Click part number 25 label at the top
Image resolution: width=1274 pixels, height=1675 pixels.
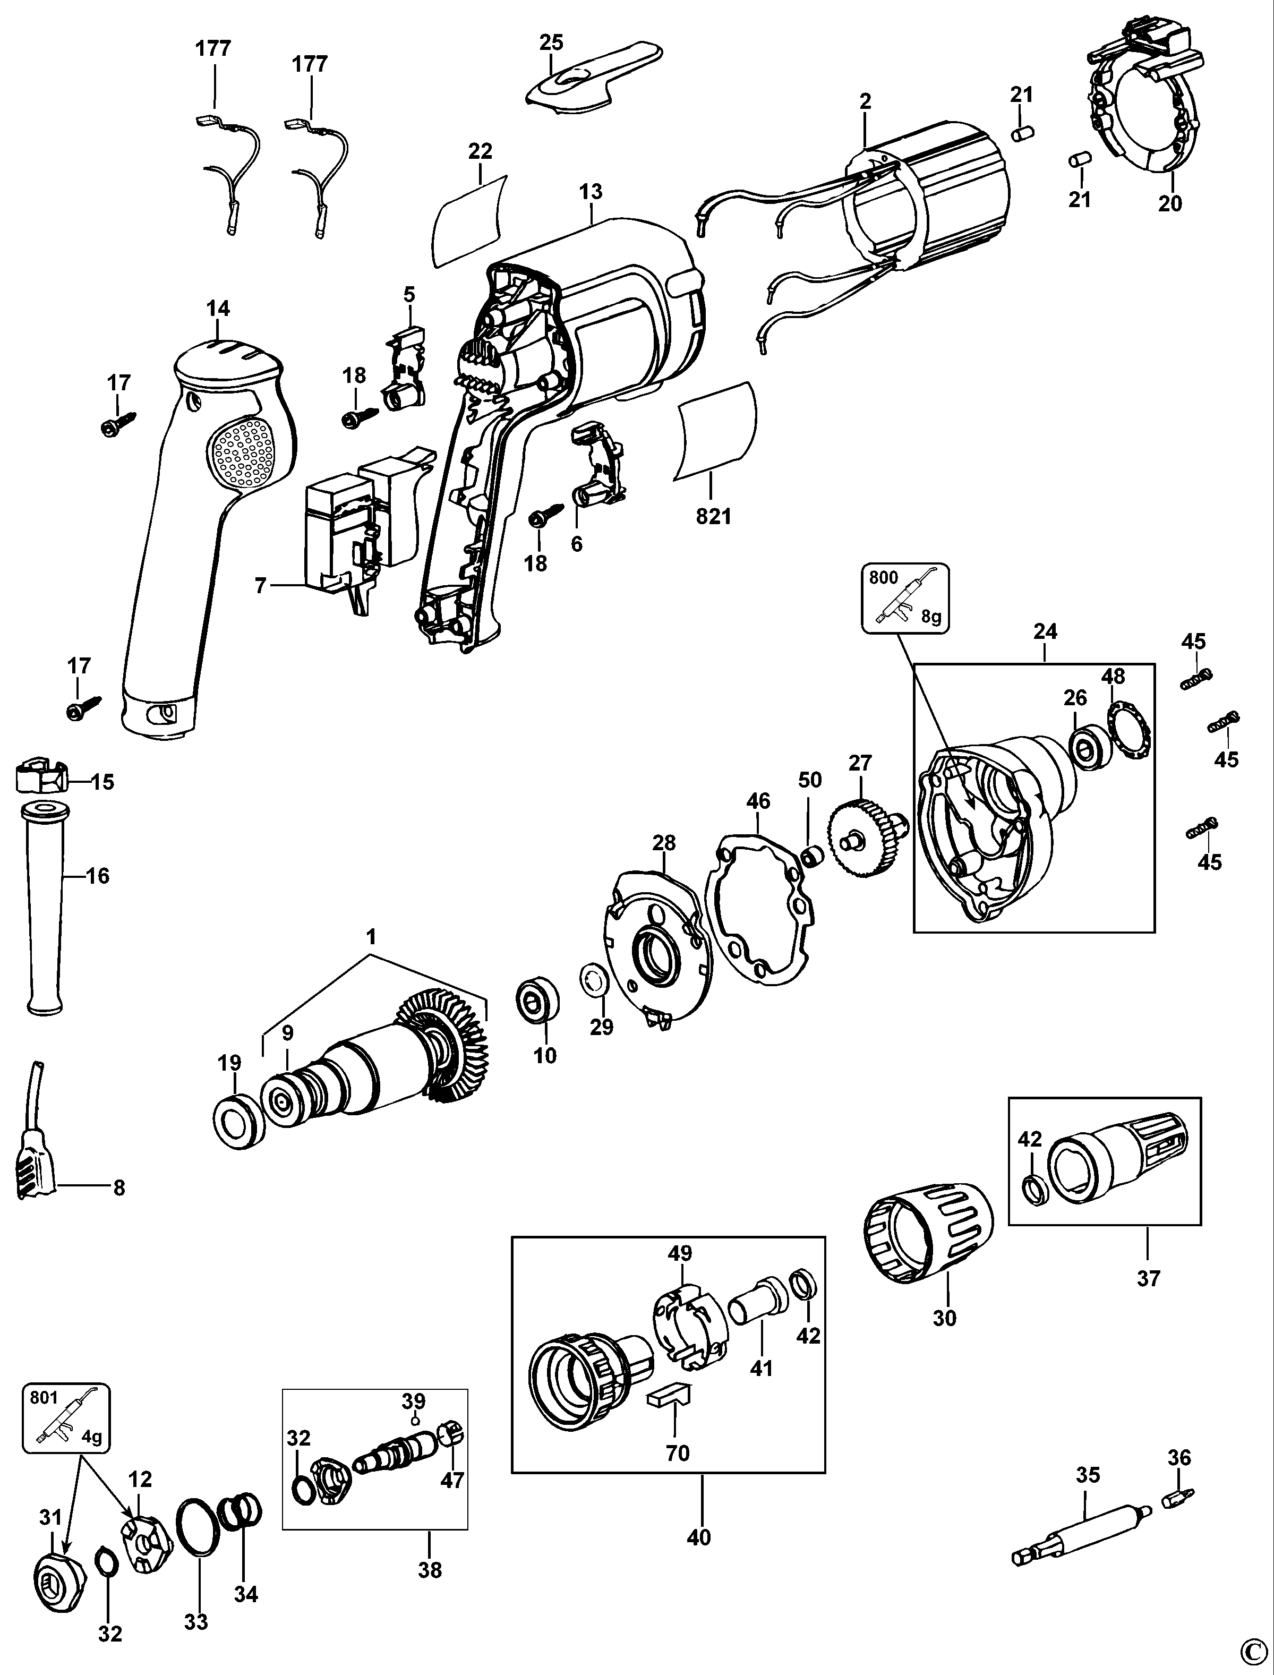(x=551, y=42)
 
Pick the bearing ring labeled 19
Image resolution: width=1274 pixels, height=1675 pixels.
(x=240, y=1121)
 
